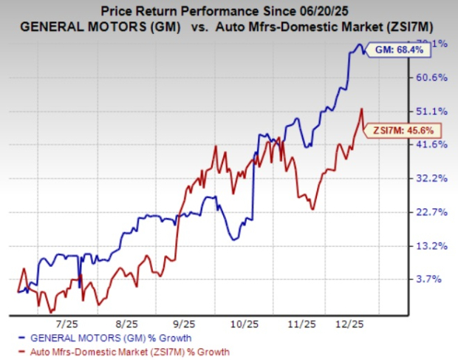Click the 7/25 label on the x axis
67,324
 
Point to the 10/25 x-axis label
242,324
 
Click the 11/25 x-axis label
302,324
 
